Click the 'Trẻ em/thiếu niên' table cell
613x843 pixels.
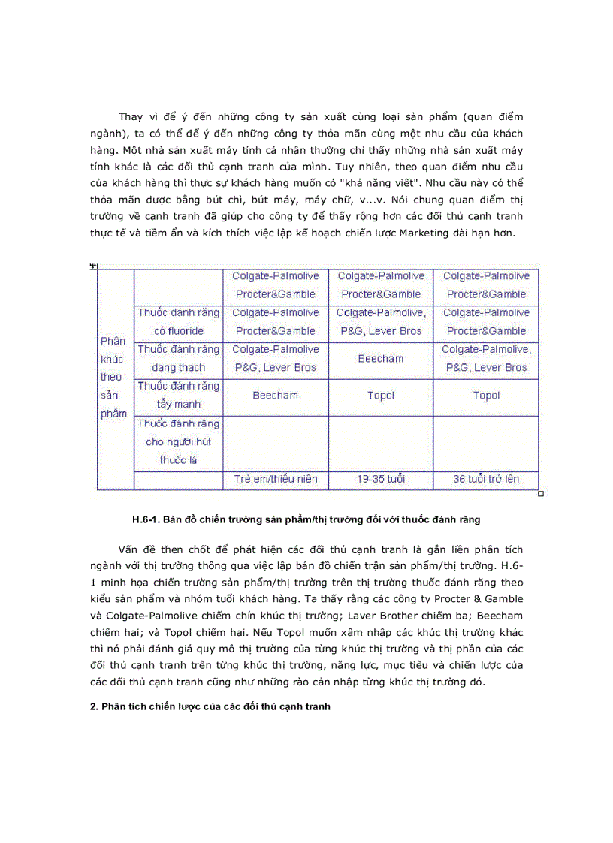pos(275,479)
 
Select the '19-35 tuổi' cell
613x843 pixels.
pos(380,479)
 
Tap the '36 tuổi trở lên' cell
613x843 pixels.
pos(486,479)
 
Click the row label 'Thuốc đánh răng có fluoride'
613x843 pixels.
pos(178,321)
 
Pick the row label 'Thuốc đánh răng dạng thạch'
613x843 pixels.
pos(178,358)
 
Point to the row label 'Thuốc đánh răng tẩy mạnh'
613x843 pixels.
pos(178,395)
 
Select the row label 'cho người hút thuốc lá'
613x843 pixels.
pos(178,442)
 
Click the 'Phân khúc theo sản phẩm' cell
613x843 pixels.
pos(113,377)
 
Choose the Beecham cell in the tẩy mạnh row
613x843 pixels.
pos(275,396)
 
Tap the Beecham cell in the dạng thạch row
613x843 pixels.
pos(380,359)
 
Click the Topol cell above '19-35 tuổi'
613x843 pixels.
pos(380,396)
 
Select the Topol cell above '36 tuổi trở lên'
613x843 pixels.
pos(486,396)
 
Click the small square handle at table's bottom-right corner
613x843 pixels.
pos(541,494)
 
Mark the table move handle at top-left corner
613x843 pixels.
pos(94,266)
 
